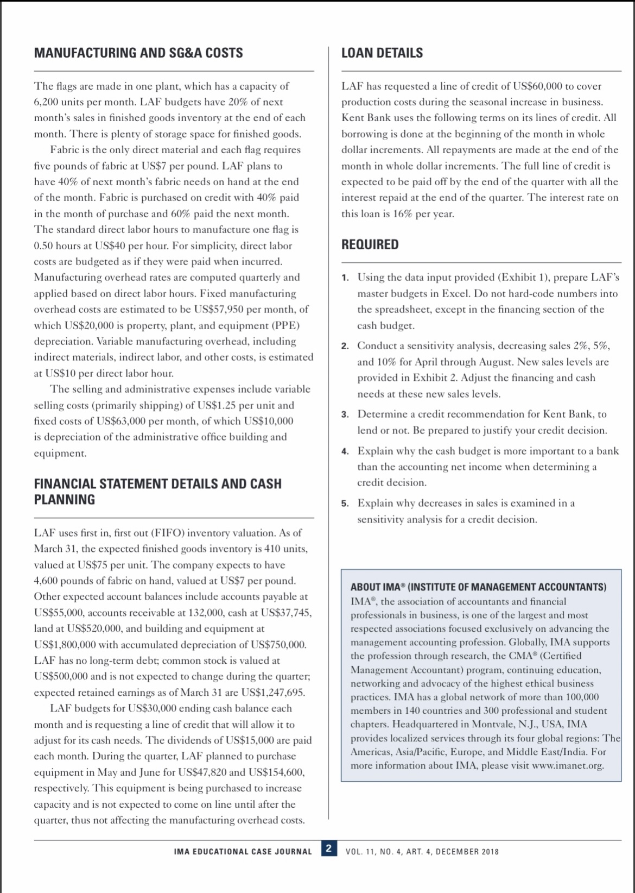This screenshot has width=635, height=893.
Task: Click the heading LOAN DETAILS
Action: (x=382, y=53)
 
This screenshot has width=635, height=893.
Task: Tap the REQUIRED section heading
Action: (x=370, y=244)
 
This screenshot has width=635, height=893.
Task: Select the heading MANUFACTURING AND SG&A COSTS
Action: (x=138, y=53)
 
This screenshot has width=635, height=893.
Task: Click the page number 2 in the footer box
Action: (x=328, y=848)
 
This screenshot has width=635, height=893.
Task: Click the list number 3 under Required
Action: (x=345, y=414)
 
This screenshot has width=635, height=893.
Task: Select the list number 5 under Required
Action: (x=345, y=504)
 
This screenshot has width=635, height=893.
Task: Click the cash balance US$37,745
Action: (x=285, y=613)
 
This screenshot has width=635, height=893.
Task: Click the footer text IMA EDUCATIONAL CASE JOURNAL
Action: (x=243, y=852)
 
